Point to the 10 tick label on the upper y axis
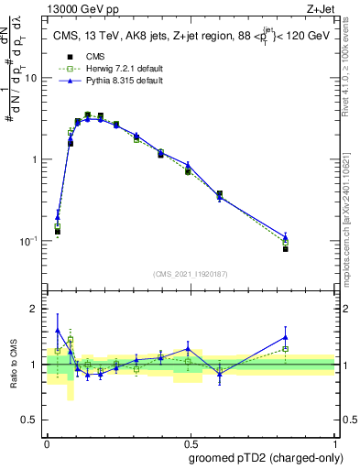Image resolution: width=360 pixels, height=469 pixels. coord(33,78)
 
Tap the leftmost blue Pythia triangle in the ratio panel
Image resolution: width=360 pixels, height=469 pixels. coord(58,330)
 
